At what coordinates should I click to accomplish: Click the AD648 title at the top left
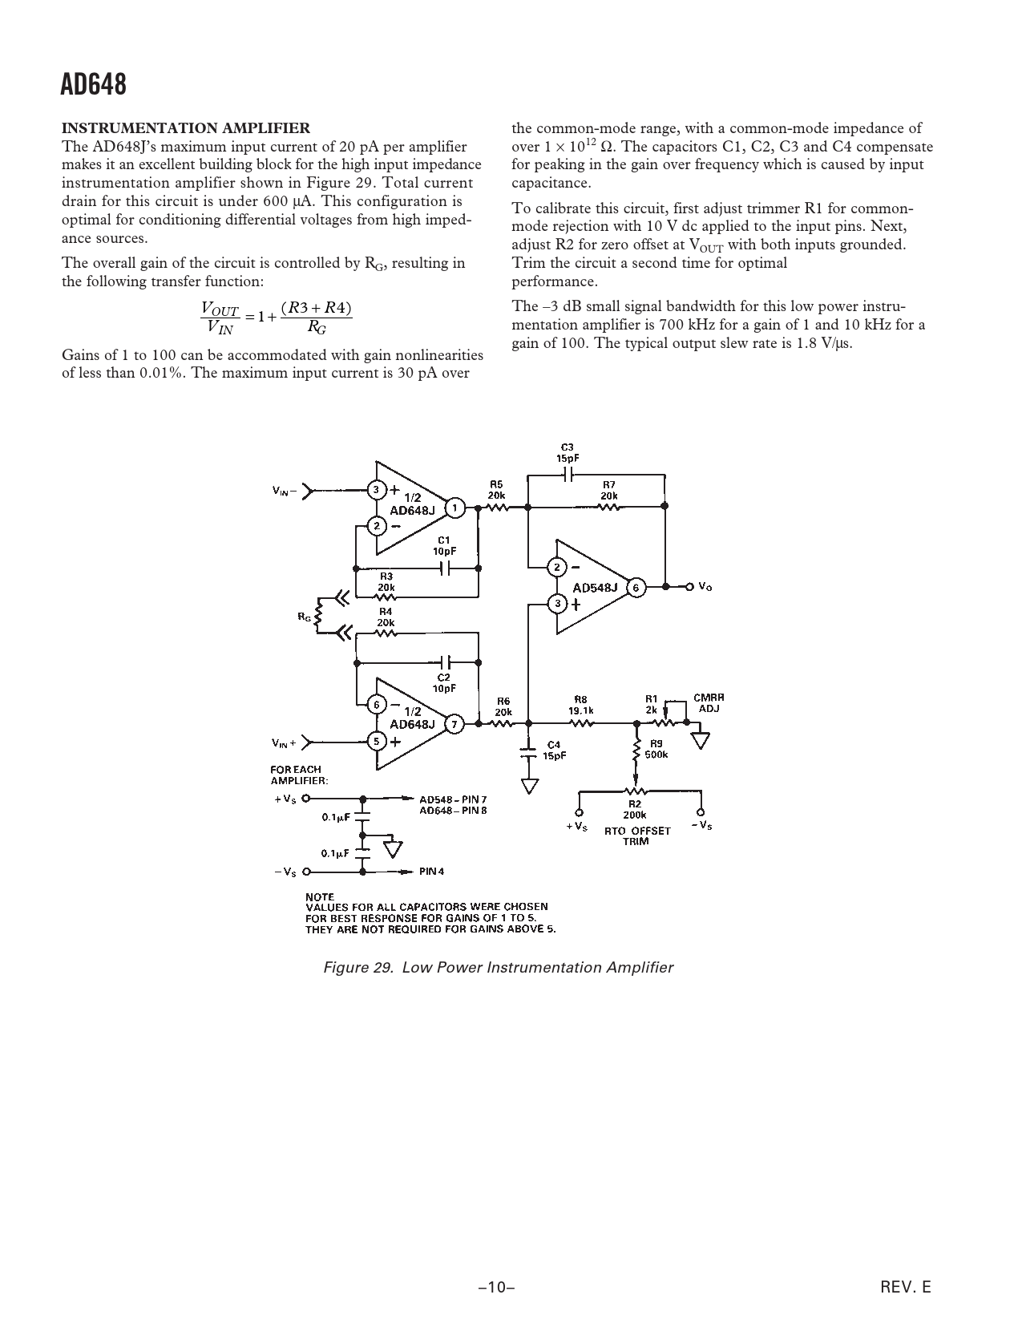pos(93,85)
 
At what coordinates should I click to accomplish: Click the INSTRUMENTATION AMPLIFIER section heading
pos(186,127)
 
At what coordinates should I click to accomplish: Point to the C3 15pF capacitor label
pos(568,452)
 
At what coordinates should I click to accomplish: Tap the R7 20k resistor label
pos(609,489)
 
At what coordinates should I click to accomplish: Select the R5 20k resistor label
pos(496,489)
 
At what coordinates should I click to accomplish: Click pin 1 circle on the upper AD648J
pos(454,508)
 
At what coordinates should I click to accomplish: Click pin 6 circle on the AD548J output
pos(636,588)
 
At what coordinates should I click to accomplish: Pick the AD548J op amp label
pos(596,588)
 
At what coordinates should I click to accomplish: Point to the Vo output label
pos(705,587)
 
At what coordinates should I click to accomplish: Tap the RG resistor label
pos(304,616)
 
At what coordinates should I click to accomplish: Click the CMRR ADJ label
pos(709,703)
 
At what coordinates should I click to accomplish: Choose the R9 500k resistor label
pos(656,749)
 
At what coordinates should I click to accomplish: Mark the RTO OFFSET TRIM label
pos(636,836)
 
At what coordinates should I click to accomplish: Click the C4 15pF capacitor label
pos(554,750)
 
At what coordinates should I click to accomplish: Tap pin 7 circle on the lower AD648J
pos(454,725)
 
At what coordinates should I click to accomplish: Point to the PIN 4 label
pos(431,872)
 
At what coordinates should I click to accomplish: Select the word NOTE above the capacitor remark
pos(320,896)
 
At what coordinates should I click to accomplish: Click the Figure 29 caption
pos(498,968)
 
